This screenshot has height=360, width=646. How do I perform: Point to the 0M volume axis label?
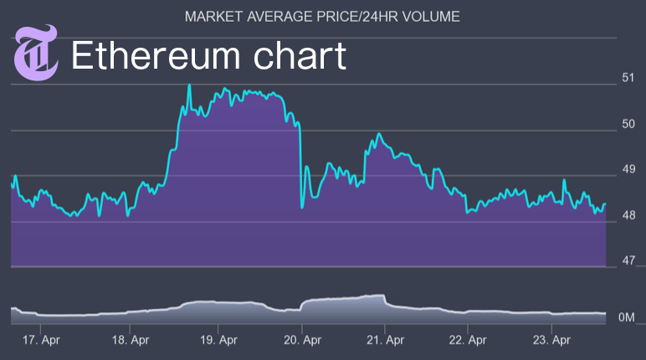coord(628,318)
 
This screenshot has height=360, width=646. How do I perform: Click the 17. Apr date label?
coord(42,341)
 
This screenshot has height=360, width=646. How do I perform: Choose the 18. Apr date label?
coord(131,341)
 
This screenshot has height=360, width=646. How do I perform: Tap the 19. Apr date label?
coord(218,341)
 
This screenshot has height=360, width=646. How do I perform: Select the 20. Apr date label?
coord(304,341)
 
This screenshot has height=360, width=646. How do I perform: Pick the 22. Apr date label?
coord(468,341)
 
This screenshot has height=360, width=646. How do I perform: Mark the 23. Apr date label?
coord(552,341)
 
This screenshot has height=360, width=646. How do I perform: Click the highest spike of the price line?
coord(189,85)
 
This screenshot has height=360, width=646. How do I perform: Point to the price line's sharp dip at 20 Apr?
coord(301,206)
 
